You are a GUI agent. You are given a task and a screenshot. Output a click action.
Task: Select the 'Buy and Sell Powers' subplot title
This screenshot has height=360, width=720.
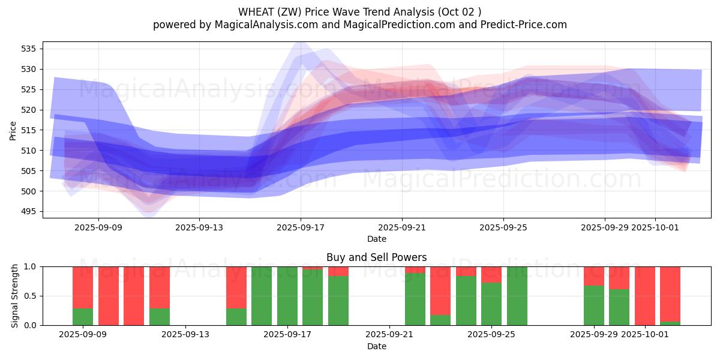coord(376,257)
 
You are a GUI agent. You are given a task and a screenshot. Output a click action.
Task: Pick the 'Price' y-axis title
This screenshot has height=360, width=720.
coord(13,130)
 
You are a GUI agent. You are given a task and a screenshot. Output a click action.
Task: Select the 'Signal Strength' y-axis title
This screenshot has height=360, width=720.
coord(15,296)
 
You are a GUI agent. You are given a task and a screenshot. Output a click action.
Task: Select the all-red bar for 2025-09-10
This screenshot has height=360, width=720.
coord(108,296)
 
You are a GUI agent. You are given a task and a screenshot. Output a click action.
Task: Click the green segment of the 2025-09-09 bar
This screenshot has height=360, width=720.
coord(83,317)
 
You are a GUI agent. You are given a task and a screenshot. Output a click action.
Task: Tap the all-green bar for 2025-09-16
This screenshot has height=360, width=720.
coord(262,296)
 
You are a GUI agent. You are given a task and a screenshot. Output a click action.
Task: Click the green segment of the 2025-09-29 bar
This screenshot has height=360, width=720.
coord(593,305)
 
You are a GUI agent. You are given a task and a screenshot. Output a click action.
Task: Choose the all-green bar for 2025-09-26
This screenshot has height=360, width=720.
coord(517,296)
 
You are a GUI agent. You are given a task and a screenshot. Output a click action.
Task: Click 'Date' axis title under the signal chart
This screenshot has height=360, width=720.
coord(376,346)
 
